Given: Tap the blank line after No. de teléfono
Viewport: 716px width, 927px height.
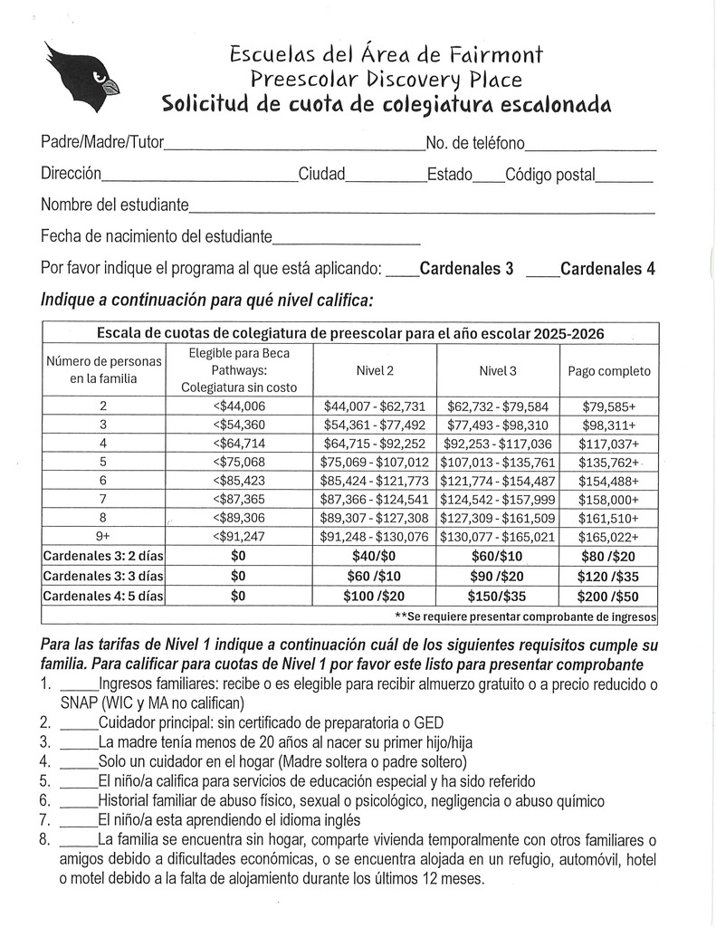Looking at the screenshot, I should point(590,146).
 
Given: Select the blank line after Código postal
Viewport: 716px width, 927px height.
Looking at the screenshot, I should point(624,177).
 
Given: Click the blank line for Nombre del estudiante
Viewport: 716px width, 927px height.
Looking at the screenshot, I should point(421,208).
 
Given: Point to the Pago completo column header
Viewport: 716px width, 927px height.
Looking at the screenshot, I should point(608,371).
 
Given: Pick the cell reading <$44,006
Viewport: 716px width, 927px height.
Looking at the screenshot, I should point(238,406).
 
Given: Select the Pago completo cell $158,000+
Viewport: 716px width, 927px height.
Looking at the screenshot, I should point(608,499).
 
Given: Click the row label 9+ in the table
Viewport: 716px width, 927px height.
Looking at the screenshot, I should point(102,536).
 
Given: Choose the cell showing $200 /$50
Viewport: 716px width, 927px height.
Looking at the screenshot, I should point(608,596).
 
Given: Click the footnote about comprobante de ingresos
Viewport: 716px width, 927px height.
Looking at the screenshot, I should point(526,616).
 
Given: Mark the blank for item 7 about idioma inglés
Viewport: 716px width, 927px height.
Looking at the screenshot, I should point(78,821).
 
